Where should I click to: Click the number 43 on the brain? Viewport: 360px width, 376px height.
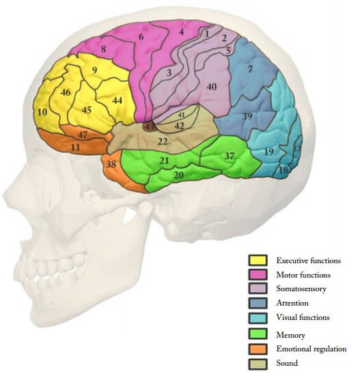(x=150, y=126)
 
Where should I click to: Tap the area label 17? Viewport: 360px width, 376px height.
(x=297, y=148)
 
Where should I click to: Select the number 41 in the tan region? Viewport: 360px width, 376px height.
(x=182, y=115)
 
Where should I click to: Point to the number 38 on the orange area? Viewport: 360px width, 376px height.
(x=111, y=164)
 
